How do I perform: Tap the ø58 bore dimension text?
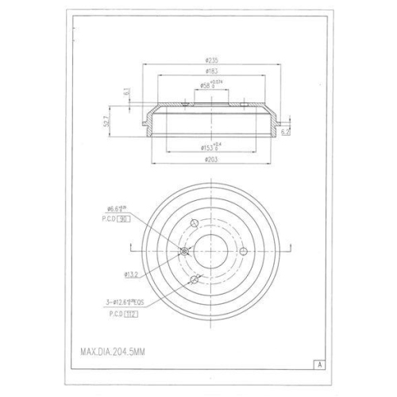(x=208, y=85)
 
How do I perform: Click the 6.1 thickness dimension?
(x=126, y=92)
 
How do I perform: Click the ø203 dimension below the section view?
(x=210, y=160)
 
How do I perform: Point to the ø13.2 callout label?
(x=132, y=275)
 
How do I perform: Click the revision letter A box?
(x=318, y=364)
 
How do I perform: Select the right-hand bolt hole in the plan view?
(x=245, y=252)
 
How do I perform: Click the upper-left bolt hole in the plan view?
(x=195, y=224)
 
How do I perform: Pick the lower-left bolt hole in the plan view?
(x=195, y=279)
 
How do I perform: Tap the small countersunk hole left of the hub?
(x=184, y=252)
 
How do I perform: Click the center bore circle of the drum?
(x=211, y=252)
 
